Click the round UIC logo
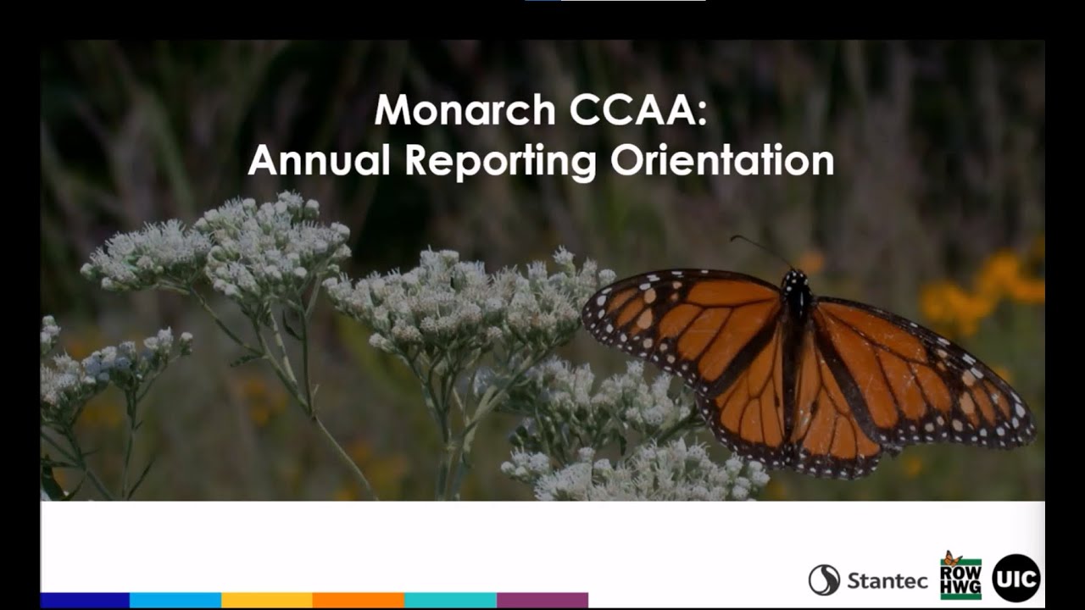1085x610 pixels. click(x=1015, y=578)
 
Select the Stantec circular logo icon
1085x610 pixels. click(x=824, y=580)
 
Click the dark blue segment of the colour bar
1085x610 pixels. click(x=85, y=600)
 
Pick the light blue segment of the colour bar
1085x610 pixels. click(x=175, y=600)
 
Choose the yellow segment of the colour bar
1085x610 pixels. click(x=267, y=600)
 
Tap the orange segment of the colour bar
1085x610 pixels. click(x=359, y=600)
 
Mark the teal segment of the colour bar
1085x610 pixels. click(x=450, y=600)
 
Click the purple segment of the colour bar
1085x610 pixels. click(x=542, y=600)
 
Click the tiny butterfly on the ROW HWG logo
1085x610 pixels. click(x=953, y=557)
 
